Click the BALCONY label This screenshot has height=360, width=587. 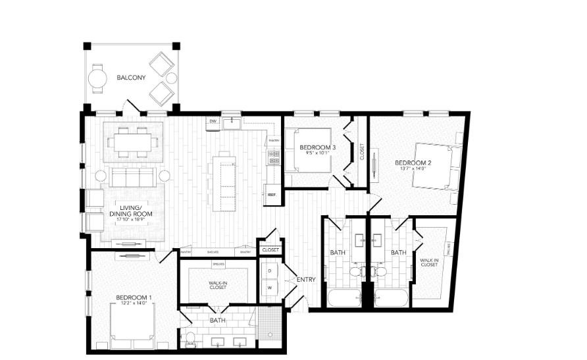click(131, 78)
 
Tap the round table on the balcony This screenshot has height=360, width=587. click(99, 79)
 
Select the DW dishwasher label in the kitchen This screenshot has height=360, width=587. click(213, 122)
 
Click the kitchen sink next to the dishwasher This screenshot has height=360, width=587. click(232, 123)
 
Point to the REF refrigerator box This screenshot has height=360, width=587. click(271, 195)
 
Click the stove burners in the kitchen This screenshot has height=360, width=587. click(273, 157)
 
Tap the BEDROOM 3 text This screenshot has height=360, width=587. click(318, 147)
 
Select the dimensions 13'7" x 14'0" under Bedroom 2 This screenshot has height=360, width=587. click(413, 168)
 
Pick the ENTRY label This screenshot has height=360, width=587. click(306, 280)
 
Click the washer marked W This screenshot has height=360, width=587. click(270, 288)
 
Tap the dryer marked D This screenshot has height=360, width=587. click(270, 270)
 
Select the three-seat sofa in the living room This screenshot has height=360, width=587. click(132, 176)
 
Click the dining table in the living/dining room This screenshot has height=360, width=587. click(132, 141)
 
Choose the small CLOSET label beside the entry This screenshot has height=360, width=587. click(270, 250)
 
